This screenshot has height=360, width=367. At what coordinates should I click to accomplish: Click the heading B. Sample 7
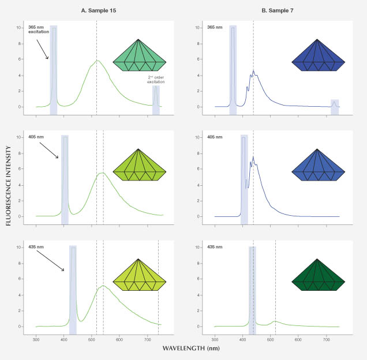tap(276, 9)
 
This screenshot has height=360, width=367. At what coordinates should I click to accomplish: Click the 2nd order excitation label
tap(155, 81)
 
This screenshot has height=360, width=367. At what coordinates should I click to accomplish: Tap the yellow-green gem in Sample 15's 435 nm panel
tap(139, 280)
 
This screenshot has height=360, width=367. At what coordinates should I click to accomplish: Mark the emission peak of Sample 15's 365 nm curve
tap(98, 61)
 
